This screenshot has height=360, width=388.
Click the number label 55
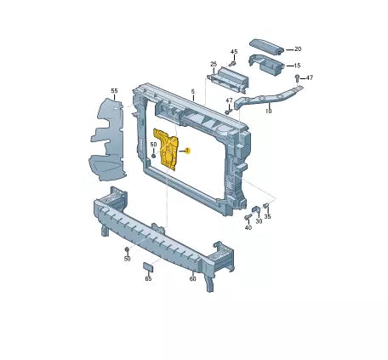[114, 91]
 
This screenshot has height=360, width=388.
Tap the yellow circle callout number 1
[187, 151]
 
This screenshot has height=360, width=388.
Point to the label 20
[298, 49]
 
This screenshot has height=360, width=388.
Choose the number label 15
[297, 66]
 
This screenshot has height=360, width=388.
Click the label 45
[234, 52]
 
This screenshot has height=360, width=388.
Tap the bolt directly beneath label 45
[233, 64]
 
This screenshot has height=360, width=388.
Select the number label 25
[214, 64]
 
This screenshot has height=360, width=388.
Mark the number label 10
[268, 111]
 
